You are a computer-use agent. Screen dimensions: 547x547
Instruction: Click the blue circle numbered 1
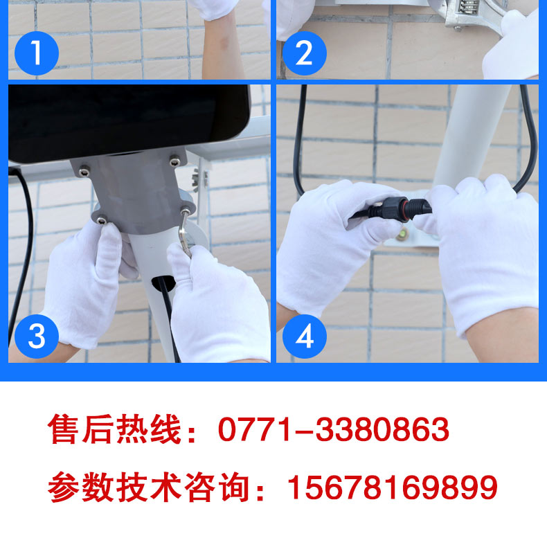37,53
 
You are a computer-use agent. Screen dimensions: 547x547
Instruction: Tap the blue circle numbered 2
304,53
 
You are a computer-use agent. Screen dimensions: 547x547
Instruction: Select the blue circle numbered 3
37,337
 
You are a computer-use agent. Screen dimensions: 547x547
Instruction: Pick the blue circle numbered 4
304,337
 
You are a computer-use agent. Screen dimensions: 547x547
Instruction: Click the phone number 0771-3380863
334,429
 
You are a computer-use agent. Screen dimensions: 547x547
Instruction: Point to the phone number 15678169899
392,487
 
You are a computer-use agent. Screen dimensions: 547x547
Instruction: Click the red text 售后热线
114,429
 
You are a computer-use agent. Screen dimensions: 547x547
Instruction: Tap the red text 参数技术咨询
149,487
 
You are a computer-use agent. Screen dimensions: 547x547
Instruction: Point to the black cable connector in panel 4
391,210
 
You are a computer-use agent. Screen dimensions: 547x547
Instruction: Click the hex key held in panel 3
184,233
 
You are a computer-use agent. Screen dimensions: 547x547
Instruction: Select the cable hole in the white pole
163,283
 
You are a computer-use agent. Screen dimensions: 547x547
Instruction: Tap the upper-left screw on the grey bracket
84,172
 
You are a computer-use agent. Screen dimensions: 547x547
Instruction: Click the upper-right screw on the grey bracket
174,161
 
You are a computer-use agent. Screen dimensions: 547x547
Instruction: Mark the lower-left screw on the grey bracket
102,219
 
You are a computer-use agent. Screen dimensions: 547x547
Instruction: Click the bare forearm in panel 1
222,45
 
